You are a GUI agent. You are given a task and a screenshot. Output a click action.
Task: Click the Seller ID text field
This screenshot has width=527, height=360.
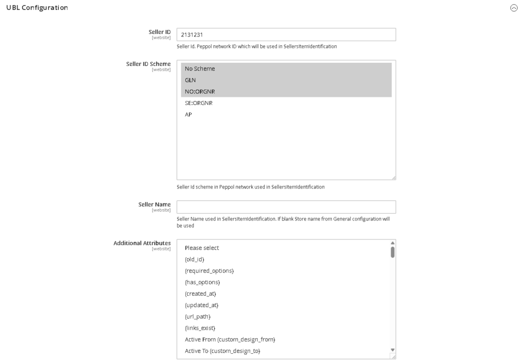pos(286,35)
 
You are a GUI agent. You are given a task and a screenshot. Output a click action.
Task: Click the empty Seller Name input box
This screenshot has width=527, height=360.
pos(286,207)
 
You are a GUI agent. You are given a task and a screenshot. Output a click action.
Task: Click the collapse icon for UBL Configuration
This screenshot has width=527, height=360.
pos(513,8)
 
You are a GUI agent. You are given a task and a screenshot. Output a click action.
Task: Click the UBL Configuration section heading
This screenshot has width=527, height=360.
pos(37,7)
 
